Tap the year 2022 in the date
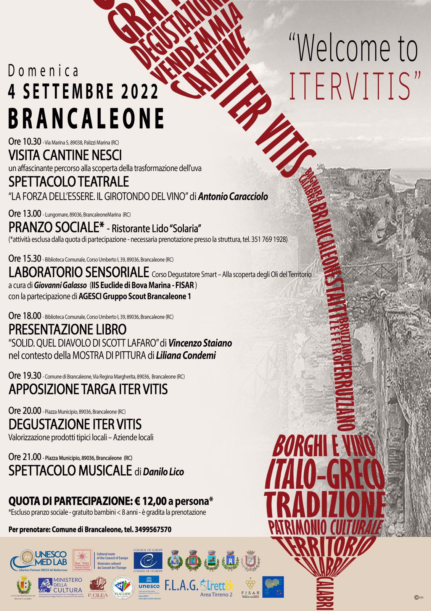(140, 92)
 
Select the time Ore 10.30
(24, 142)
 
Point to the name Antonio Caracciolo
(233, 197)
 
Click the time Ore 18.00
(24, 316)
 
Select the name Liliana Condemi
(186, 356)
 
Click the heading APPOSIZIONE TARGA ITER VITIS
(88, 389)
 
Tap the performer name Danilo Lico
(163, 472)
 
